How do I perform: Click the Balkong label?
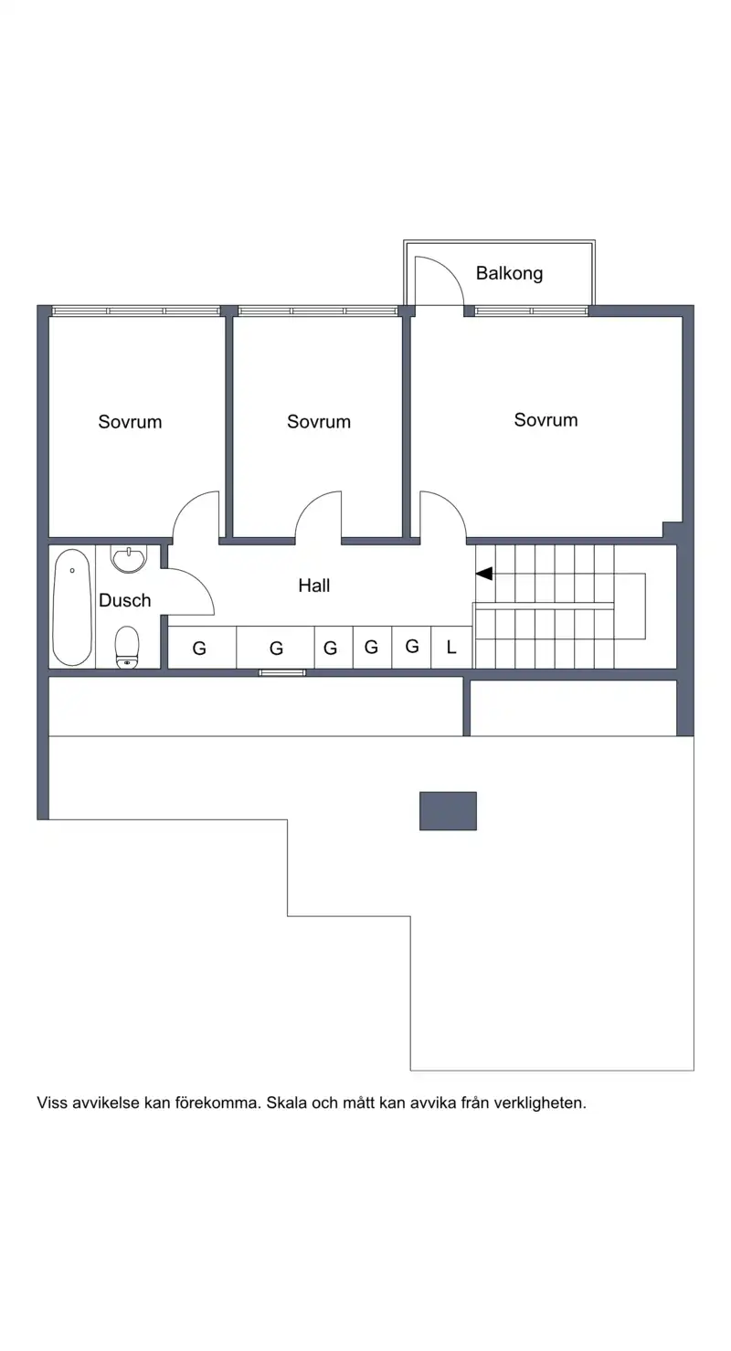click(x=509, y=273)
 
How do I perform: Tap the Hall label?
click(x=313, y=585)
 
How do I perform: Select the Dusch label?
click(x=125, y=600)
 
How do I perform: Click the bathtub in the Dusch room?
click(x=72, y=607)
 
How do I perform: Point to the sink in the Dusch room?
click(x=129, y=559)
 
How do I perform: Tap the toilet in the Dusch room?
click(x=127, y=647)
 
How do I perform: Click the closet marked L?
click(x=451, y=647)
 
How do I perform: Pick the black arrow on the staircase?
click(x=484, y=574)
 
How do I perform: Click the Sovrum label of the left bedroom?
click(x=131, y=422)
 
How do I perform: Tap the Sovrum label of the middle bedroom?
click(x=319, y=422)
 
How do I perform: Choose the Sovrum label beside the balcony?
click(x=546, y=420)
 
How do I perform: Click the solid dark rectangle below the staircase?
click(x=448, y=810)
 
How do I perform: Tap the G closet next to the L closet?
click(x=411, y=647)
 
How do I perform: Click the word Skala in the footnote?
click(x=287, y=1103)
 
